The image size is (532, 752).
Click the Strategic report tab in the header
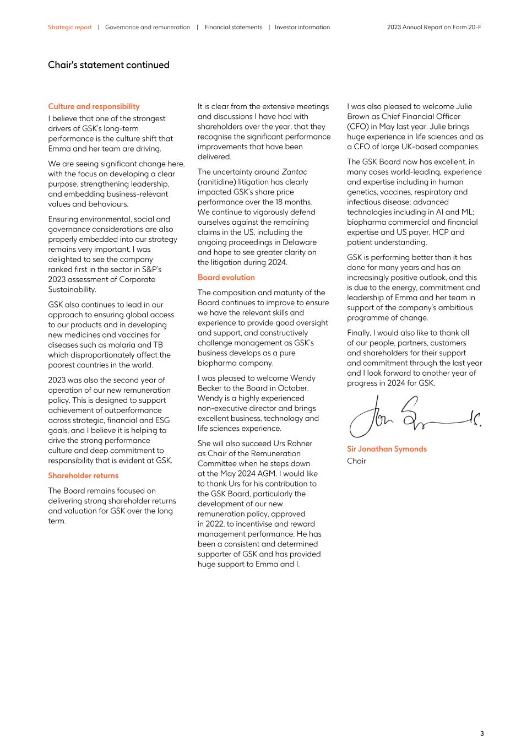click(x=69, y=27)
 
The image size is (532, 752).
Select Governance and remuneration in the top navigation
click(x=147, y=27)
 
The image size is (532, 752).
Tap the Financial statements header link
click(x=233, y=27)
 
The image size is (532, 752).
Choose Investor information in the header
click(x=302, y=27)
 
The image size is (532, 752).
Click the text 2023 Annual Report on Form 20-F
click(x=434, y=27)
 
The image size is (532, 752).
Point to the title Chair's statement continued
click(x=108, y=65)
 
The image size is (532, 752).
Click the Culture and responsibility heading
click(x=94, y=106)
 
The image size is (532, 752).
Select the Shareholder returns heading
click(x=83, y=475)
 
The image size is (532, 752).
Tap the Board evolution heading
click(x=226, y=277)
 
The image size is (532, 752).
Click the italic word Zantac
click(x=294, y=172)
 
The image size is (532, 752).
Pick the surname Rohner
click(x=298, y=443)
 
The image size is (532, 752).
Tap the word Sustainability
click(x=72, y=289)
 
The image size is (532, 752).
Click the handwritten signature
click(x=414, y=417)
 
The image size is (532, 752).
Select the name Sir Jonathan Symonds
click(x=387, y=448)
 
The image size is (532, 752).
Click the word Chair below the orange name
click(x=356, y=461)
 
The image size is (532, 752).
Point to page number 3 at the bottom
click(x=482, y=733)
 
